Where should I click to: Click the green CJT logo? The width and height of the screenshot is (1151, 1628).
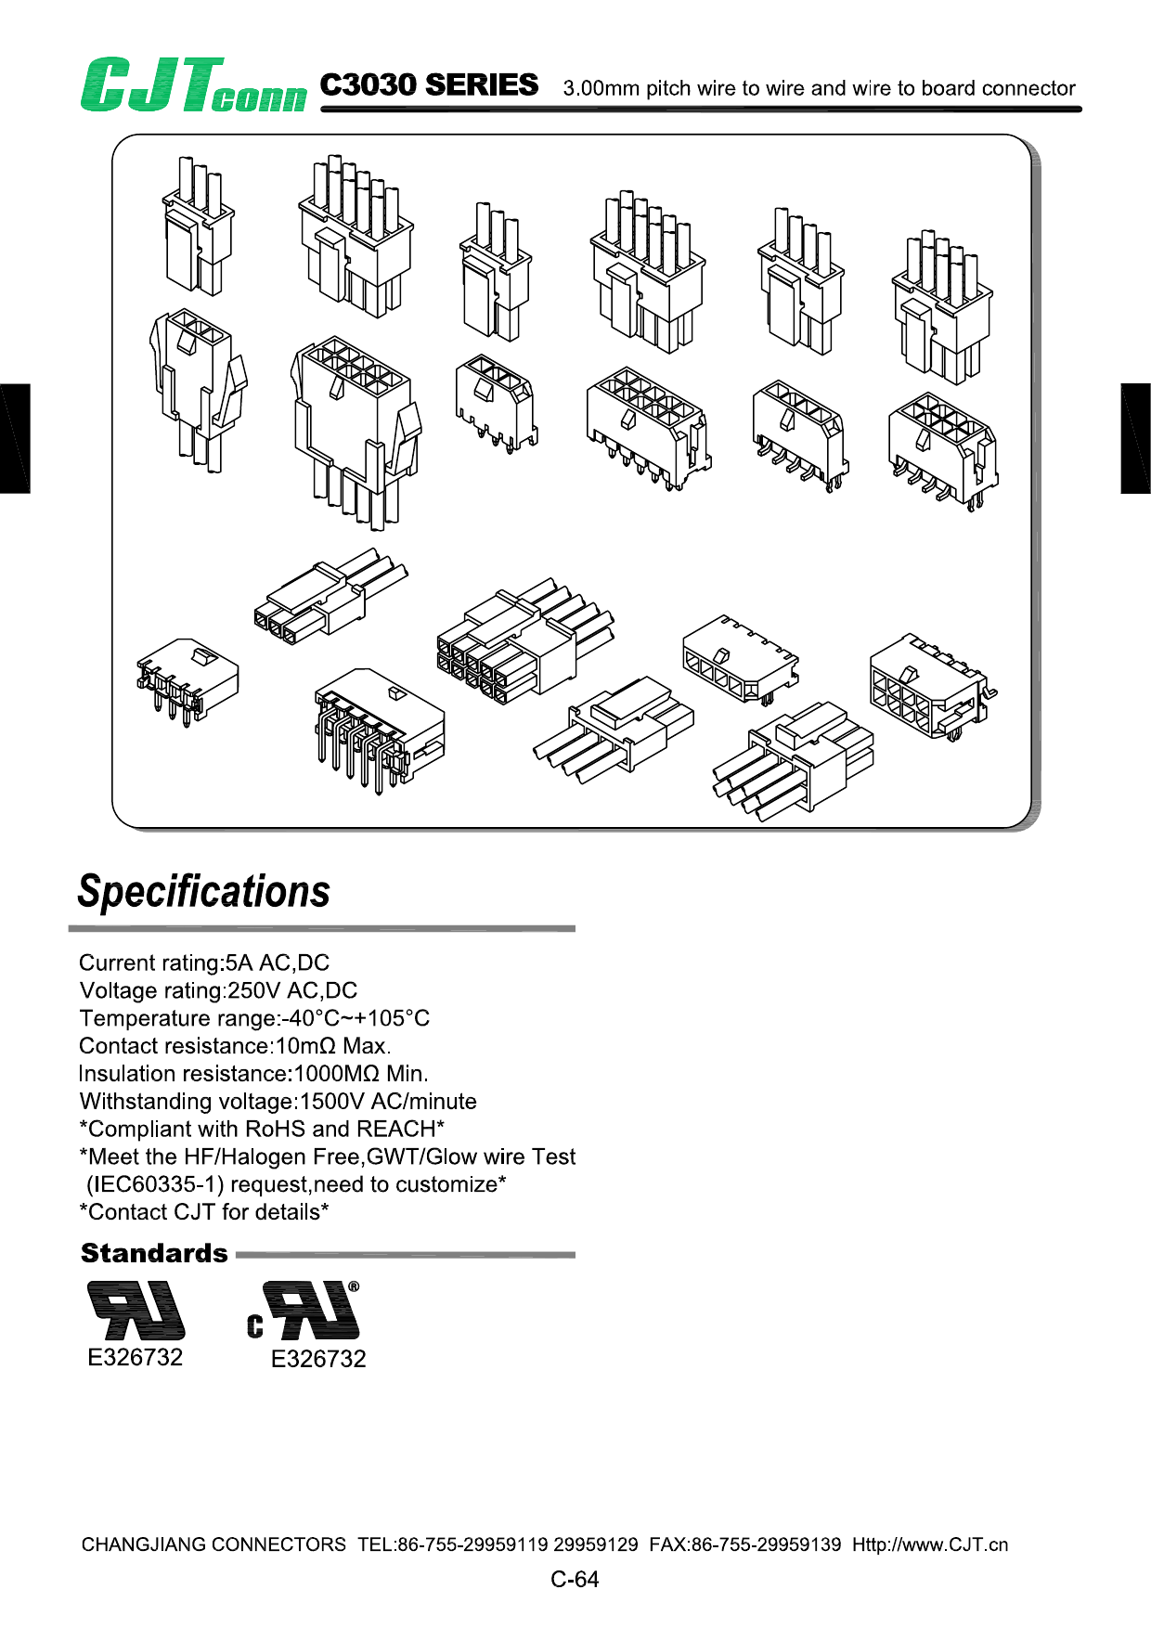click(x=192, y=85)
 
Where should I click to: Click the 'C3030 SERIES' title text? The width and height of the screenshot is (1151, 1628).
click(x=429, y=85)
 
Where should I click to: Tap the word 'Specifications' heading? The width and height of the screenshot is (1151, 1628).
click(x=204, y=891)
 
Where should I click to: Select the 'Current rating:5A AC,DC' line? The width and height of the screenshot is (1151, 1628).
click(x=204, y=963)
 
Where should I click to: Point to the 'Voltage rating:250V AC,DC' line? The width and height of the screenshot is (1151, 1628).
click(x=218, y=990)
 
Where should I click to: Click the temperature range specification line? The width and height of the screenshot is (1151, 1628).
click(x=254, y=1018)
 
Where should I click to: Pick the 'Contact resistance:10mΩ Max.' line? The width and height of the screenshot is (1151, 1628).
click(x=235, y=1046)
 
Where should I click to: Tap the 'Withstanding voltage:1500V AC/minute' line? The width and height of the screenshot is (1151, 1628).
click(x=278, y=1102)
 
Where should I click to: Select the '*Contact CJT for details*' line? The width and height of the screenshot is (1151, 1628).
click(x=204, y=1212)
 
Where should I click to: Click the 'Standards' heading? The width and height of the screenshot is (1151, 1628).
click(x=154, y=1254)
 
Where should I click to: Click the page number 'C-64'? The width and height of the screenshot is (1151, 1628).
click(x=575, y=1580)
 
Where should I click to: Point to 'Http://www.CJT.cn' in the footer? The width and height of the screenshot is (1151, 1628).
click(x=930, y=1545)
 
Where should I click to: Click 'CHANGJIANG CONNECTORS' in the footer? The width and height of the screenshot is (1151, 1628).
click(x=213, y=1545)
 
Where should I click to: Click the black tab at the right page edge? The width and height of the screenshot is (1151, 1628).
click(x=1135, y=438)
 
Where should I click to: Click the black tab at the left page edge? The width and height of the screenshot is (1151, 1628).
click(x=15, y=438)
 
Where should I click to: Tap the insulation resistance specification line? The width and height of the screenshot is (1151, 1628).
click(x=253, y=1074)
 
